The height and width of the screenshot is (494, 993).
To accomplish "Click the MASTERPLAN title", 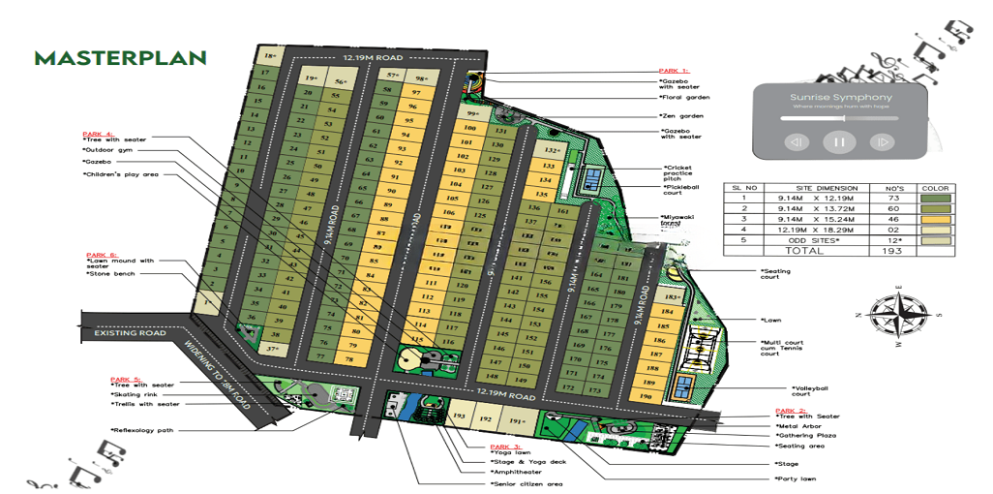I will pos(121,58).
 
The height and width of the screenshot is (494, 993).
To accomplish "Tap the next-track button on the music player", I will pos(881,142).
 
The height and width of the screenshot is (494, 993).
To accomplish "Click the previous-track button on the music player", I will pos(796,142).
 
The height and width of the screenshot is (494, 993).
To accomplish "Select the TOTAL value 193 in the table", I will pos(892,251).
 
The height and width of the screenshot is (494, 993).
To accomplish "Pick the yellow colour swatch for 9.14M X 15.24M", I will pos(938,219).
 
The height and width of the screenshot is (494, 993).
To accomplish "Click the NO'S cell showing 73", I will pos(892,198).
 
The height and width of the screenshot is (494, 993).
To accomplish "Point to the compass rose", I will pos(898,315).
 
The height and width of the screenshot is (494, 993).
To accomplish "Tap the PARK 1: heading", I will pos(674,71).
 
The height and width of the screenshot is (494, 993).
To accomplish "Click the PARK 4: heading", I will pos(98,134).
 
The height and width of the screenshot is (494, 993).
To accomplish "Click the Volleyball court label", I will pos(786,390).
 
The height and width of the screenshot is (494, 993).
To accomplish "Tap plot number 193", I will pos(461,417).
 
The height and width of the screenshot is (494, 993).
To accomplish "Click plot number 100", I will pos(470,128).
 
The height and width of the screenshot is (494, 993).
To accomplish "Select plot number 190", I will pos(646,397).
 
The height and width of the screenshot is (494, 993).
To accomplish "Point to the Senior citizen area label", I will pos(527,482).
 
